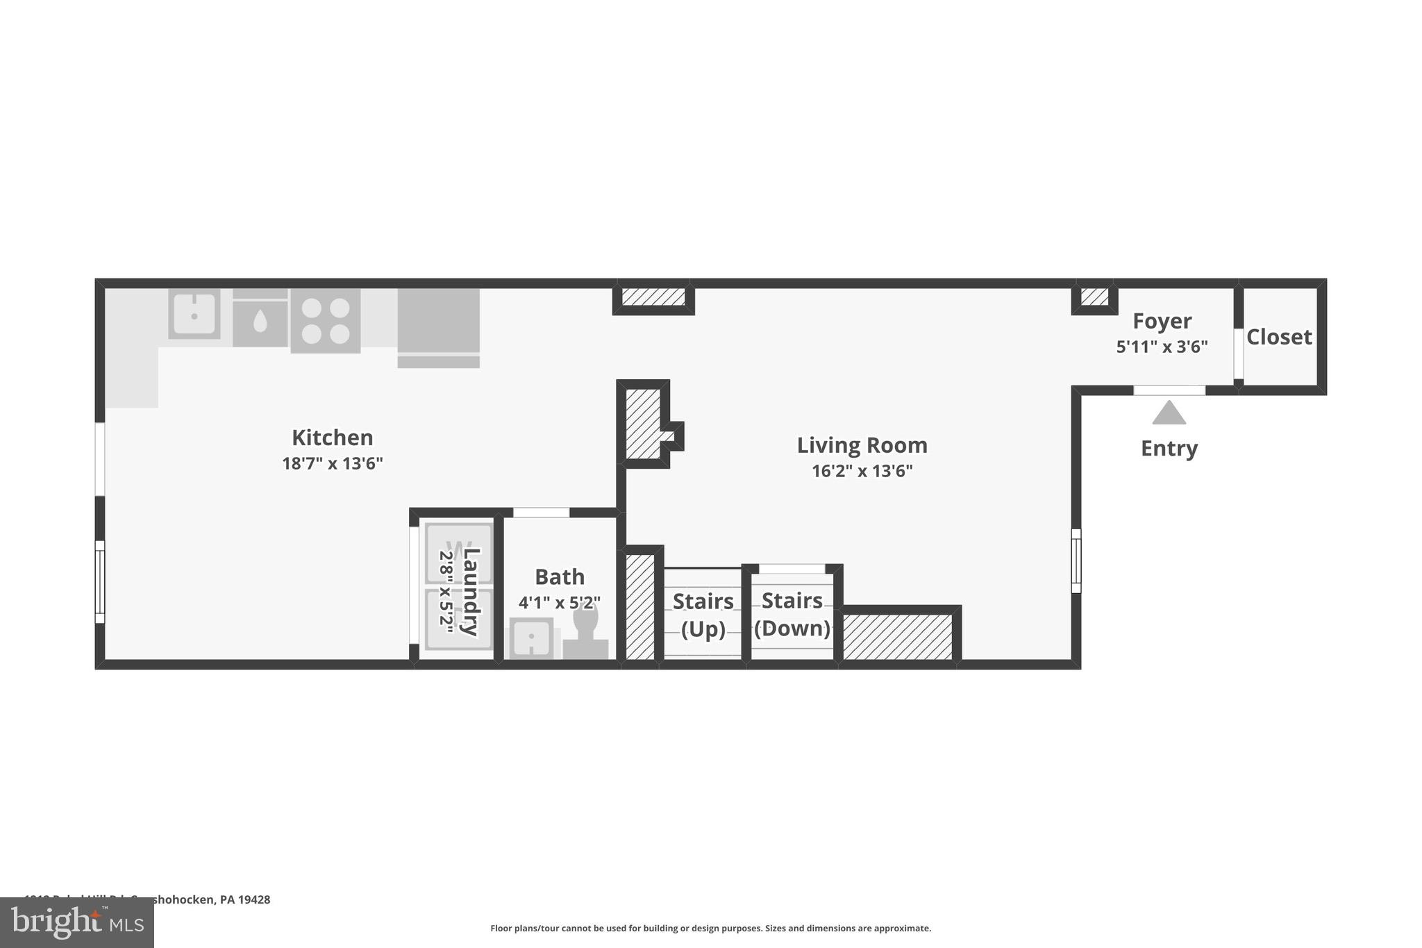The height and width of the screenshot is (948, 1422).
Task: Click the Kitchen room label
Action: point(332,438)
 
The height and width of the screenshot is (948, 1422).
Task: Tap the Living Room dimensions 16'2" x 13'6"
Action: point(862,471)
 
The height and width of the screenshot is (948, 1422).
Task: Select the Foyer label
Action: point(1162,321)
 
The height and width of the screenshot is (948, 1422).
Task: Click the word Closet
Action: point(1279,337)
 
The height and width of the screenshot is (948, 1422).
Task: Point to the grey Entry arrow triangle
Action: point(1169,413)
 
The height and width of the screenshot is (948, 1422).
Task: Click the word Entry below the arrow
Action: point(1169,448)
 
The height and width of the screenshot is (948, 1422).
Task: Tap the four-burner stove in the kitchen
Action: point(325,321)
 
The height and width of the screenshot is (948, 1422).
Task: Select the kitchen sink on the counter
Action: point(194,315)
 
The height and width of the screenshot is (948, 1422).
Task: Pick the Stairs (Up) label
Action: point(703,615)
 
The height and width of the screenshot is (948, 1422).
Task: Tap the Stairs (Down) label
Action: point(792,614)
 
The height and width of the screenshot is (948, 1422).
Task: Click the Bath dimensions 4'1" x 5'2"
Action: point(559,602)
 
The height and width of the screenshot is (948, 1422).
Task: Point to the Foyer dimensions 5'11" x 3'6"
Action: point(1162,347)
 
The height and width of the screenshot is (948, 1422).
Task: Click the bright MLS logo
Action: point(76,923)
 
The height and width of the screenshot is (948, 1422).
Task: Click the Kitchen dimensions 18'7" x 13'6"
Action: point(332,463)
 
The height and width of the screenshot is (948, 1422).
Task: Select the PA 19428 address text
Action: point(244,899)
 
